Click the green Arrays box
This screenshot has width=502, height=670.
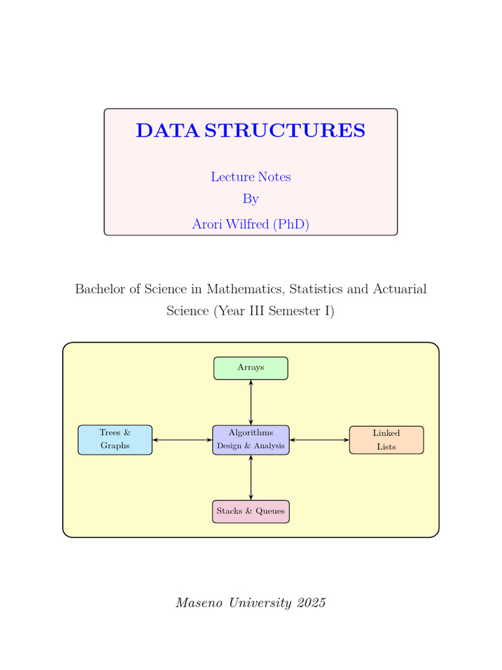tap(250, 368)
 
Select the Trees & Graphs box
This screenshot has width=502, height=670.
tap(115, 440)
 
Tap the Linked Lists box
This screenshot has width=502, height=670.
tap(386, 440)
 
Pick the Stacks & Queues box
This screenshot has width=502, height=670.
tap(251, 512)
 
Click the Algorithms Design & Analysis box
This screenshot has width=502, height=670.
tap(251, 440)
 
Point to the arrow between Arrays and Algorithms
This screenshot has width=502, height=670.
tap(251, 402)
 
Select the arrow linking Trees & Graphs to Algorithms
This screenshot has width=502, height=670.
tap(182, 440)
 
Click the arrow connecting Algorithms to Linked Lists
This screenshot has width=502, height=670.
tap(319, 440)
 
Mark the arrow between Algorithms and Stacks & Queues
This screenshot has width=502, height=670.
tap(251, 478)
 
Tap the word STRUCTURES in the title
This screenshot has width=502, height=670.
tap(285, 131)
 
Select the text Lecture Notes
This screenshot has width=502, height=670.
tap(250, 177)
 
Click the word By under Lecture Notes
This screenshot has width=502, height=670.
tap(250, 199)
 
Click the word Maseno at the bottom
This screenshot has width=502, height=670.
tap(198, 603)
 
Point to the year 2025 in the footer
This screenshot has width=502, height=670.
tap(310, 603)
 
